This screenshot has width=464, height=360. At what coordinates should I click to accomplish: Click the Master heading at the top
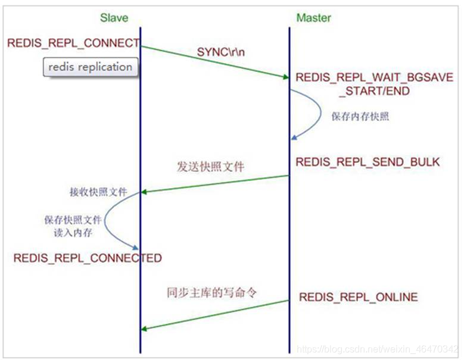(313, 18)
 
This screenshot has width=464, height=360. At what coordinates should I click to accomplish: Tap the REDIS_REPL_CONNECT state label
(73, 43)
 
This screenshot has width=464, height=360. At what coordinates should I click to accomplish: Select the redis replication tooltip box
(90, 67)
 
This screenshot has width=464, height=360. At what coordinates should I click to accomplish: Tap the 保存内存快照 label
(360, 117)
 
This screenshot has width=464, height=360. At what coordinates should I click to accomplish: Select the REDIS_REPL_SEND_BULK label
(368, 162)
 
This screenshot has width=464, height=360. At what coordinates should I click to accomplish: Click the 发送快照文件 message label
(210, 167)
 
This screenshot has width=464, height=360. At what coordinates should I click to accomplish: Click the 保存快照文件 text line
(73, 220)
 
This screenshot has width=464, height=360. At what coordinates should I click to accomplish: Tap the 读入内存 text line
(73, 232)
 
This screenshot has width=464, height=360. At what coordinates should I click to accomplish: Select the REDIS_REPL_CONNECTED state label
(87, 258)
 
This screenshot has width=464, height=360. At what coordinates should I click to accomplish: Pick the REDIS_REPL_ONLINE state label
(358, 297)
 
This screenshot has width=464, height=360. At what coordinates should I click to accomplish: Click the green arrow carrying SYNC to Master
(214, 61)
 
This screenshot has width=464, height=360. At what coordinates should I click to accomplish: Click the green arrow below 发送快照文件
(214, 184)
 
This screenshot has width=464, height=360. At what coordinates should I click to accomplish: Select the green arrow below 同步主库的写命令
(214, 315)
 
